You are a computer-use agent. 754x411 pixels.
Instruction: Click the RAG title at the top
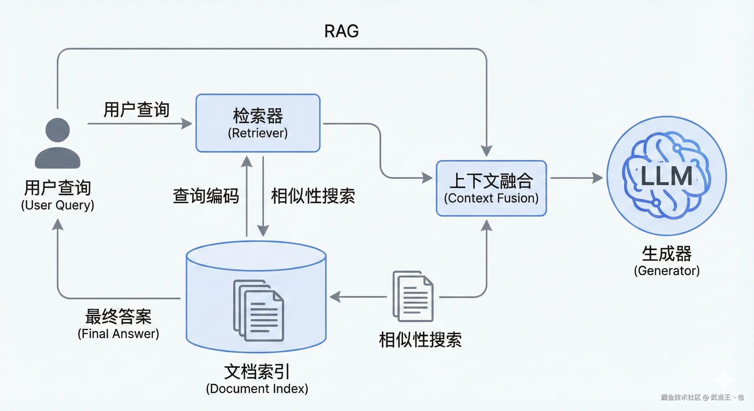click(x=341, y=31)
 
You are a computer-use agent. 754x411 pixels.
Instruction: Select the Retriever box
click(x=258, y=123)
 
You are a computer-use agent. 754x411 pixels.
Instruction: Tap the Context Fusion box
click(x=491, y=188)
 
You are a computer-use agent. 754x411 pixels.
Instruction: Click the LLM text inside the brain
click(x=666, y=176)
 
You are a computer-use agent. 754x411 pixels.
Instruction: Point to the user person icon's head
click(x=58, y=130)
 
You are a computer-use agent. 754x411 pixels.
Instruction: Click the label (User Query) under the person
click(x=58, y=205)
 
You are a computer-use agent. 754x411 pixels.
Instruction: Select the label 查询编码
click(x=206, y=196)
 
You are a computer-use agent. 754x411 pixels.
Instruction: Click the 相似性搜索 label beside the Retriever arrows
click(x=313, y=196)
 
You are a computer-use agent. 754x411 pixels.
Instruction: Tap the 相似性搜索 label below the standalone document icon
click(x=420, y=340)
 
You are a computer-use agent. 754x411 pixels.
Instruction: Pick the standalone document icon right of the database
click(x=413, y=296)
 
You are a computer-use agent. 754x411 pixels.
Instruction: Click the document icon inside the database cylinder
click(x=258, y=311)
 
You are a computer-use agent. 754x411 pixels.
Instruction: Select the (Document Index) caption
click(x=257, y=389)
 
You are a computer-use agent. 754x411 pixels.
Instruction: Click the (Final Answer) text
click(x=118, y=334)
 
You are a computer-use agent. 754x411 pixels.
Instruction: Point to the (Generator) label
click(x=667, y=271)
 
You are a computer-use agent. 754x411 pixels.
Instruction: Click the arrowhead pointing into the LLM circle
click(x=597, y=178)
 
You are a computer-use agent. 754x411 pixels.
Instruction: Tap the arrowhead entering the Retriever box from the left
click(x=186, y=123)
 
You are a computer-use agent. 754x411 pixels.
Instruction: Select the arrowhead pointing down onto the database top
click(x=263, y=230)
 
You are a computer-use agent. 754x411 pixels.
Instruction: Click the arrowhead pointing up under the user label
click(x=58, y=225)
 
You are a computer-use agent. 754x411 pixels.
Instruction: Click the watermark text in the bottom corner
click(x=702, y=397)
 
